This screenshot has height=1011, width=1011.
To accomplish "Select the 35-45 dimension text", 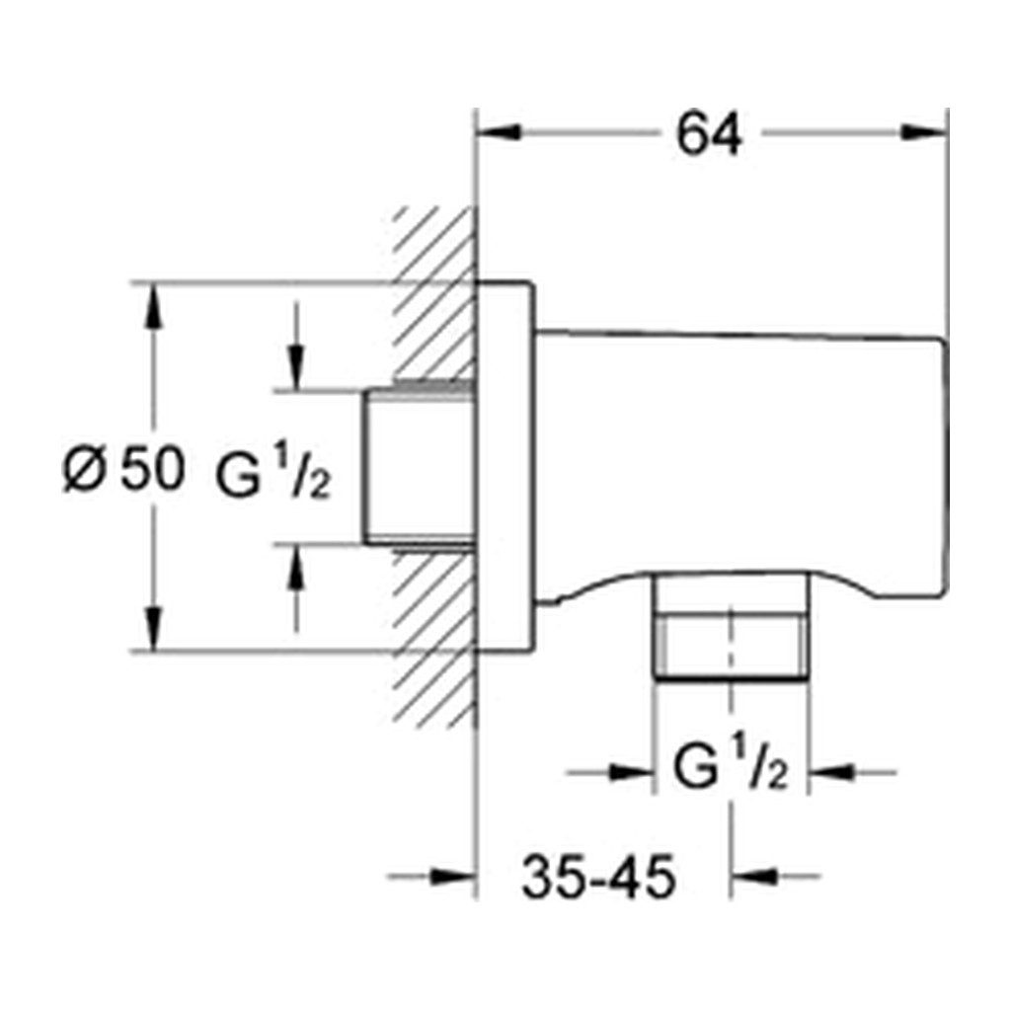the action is [598, 877].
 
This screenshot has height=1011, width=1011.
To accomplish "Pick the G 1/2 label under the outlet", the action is [731, 768].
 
